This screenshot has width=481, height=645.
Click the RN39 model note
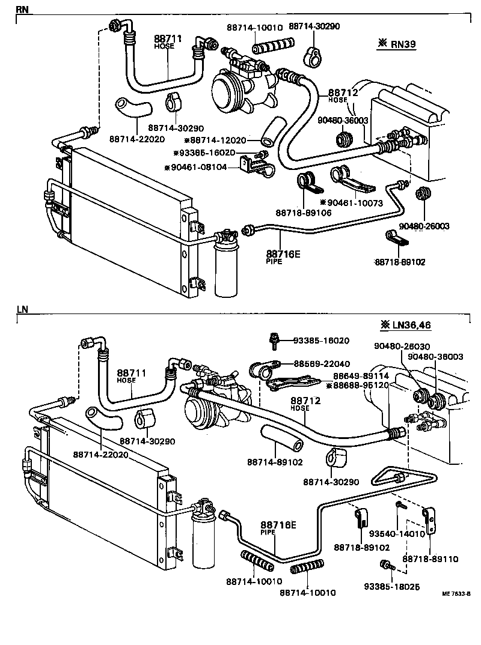(398, 43)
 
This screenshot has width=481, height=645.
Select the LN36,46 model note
(405, 325)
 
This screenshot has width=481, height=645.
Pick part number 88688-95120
(358, 385)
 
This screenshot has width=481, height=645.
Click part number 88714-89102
(274, 462)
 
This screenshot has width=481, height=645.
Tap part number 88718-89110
(430, 559)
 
